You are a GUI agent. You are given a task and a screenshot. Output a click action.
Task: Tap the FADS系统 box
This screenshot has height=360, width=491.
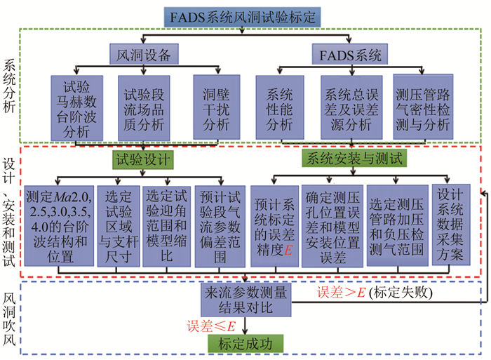346,54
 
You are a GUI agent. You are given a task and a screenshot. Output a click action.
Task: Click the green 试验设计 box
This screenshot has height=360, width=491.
143,159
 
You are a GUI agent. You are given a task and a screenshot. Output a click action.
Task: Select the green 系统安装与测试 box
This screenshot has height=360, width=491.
351,159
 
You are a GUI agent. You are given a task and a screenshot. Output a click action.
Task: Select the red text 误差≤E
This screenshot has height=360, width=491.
210,325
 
